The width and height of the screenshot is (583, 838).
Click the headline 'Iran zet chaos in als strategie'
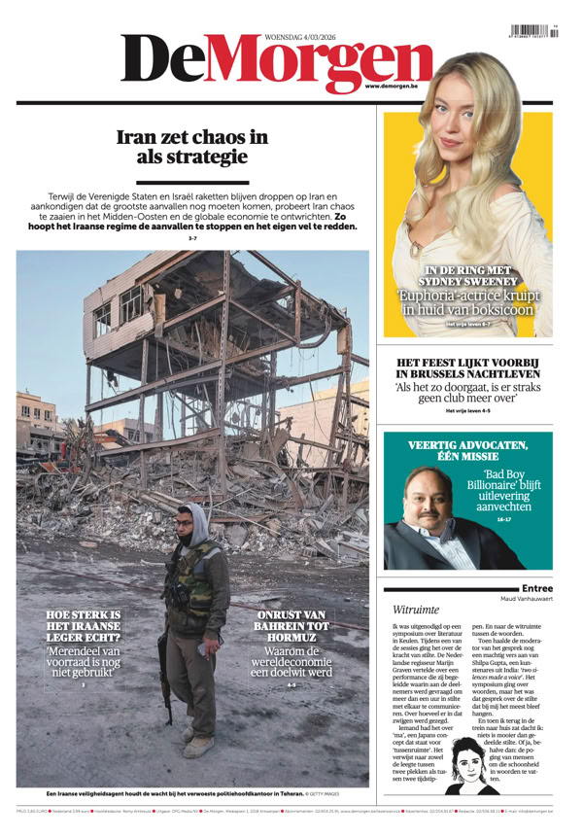(x=191, y=147)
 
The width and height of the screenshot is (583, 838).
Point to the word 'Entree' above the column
(x=536, y=588)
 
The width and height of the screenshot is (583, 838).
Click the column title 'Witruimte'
(x=415, y=610)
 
